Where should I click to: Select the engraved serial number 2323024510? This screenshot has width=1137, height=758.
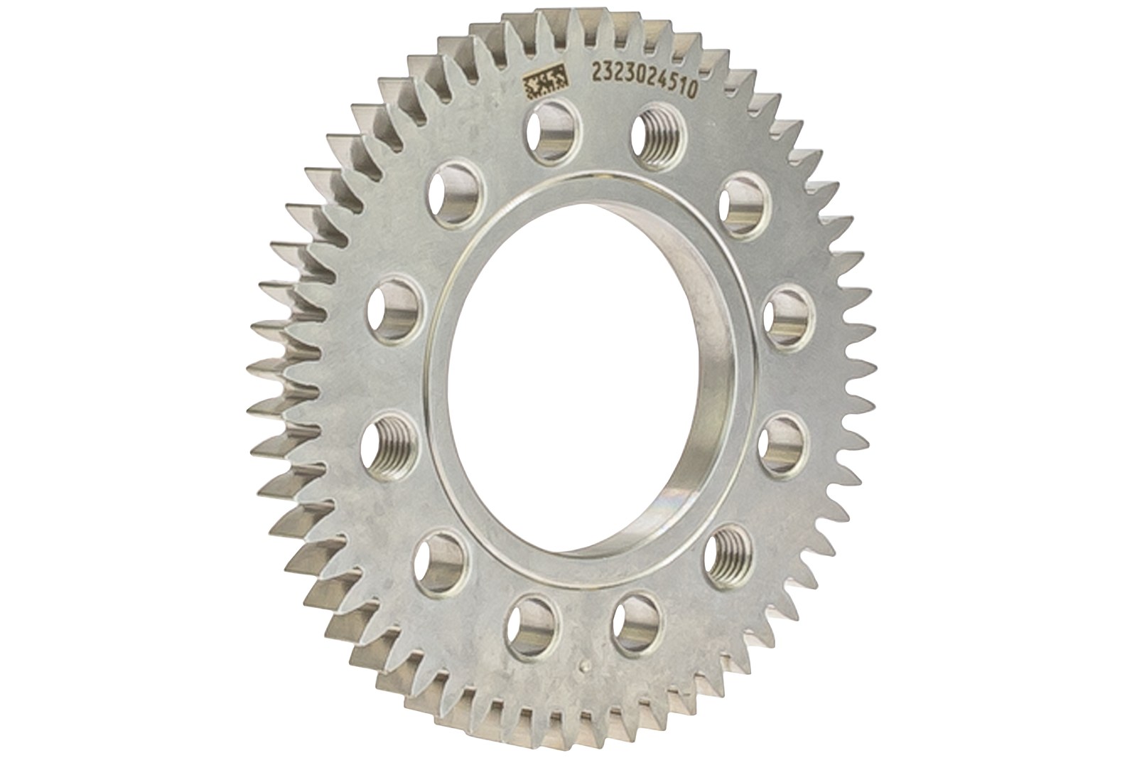click(x=643, y=82)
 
